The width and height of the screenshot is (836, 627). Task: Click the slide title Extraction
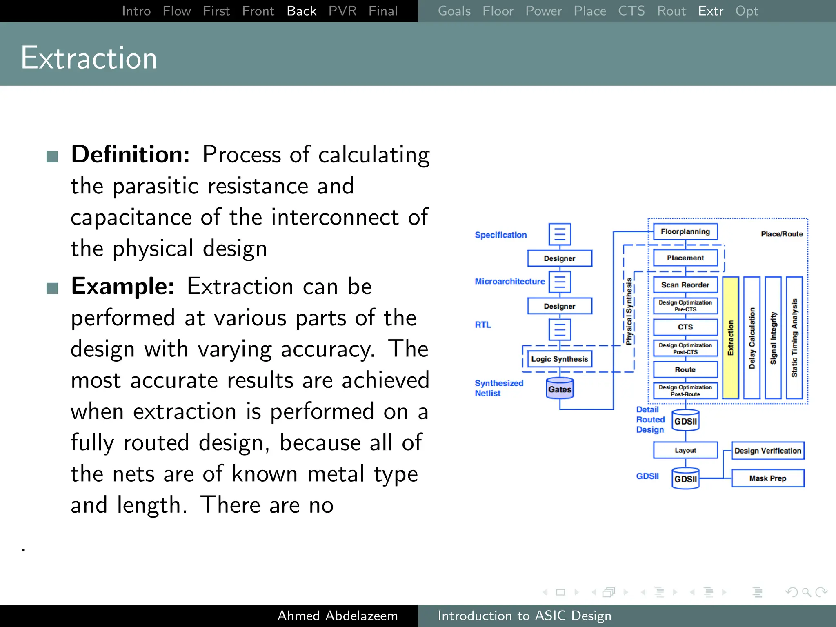coord(89,58)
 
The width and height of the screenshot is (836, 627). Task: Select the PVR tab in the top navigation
coord(342,11)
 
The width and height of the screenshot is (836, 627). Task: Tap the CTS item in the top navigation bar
coord(631,11)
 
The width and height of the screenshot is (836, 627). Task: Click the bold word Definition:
coord(130,155)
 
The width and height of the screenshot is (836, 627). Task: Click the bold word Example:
coord(122,287)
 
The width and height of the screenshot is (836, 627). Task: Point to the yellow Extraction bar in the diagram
coord(730,337)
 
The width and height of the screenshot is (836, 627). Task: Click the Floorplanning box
coord(685,232)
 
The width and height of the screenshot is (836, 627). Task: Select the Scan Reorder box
coord(685,285)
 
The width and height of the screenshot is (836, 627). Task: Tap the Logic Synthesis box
coord(559,359)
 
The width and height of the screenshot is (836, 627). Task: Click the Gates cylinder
coord(560,389)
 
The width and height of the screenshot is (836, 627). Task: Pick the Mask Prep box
coord(767,478)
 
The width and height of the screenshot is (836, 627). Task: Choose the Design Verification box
coord(767,451)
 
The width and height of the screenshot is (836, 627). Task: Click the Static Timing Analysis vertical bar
coord(794,337)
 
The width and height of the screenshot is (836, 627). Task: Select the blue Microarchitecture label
coord(509,282)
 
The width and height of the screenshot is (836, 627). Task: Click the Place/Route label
coord(781,234)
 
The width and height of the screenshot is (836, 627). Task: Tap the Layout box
coord(685,451)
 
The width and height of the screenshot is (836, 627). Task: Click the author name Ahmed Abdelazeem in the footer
coord(337,616)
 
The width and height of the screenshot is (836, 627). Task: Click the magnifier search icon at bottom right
coord(806,592)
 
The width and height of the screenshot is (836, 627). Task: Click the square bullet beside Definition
coord(52,157)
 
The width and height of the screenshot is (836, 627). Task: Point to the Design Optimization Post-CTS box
coord(685,348)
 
